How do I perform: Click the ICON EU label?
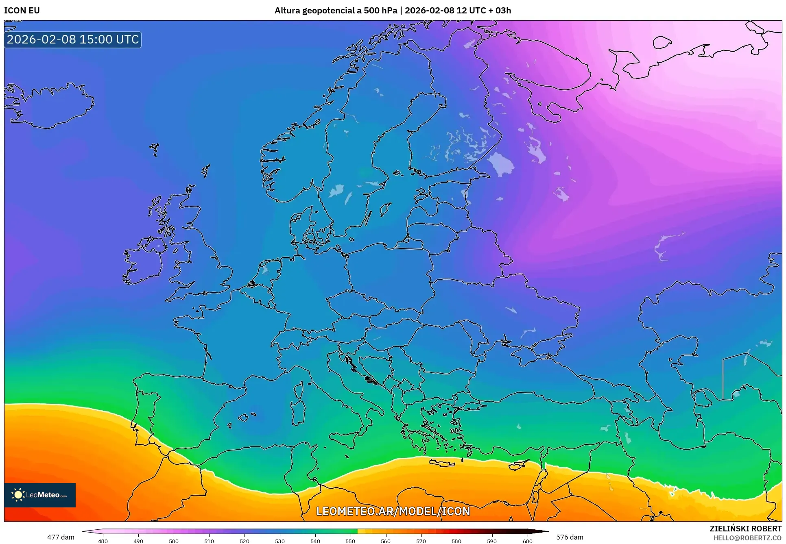(22, 11)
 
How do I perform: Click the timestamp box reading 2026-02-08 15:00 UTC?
(73, 39)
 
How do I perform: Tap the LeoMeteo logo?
(40, 495)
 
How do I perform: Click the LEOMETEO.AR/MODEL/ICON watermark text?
(393, 511)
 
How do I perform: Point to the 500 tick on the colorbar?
(174, 541)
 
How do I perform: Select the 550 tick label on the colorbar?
(350, 541)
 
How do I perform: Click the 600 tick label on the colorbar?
(527, 541)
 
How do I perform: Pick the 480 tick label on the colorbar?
(103, 541)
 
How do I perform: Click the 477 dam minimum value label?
(61, 537)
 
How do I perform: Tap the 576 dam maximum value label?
(570, 537)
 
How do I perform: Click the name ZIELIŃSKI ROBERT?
(745, 529)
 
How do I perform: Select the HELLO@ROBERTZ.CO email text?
(747, 538)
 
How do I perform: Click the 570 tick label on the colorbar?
(421, 541)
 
